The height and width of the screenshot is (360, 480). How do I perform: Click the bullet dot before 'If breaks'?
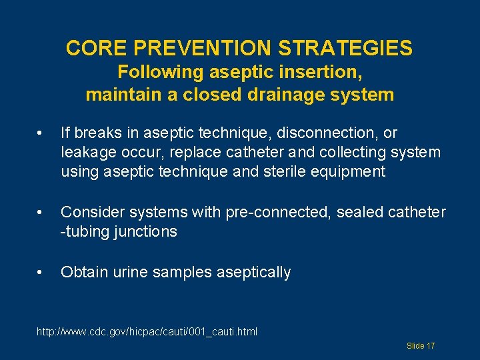pyautogui.click(x=41, y=133)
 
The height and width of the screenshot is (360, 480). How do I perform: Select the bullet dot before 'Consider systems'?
pyautogui.click(x=41, y=213)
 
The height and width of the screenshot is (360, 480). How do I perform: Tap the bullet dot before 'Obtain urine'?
pyautogui.click(x=41, y=272)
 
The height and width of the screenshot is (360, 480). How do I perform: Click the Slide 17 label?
pyautogui.click(x=421, y=346)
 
